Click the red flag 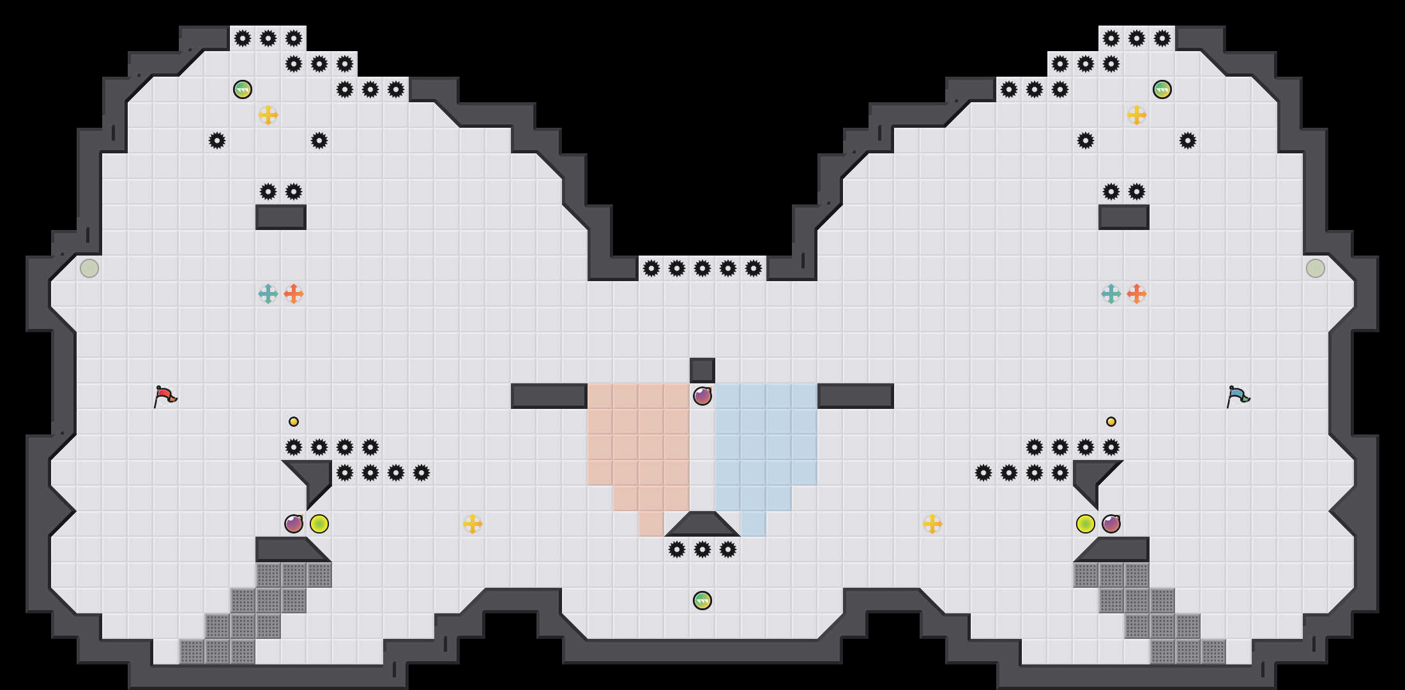pos(164,396)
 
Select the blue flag pos(1237,396)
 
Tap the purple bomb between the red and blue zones pos(702,396)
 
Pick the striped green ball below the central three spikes pos(702,601)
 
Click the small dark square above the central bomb pos(702,371)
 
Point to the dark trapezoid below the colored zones pos(702,525)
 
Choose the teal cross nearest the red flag pos(268,294)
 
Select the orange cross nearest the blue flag pos(1137,294)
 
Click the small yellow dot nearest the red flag pos(294,422)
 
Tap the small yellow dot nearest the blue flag pos(1111,422)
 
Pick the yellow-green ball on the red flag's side pos(319,524)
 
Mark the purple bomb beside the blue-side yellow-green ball pos(1111,524)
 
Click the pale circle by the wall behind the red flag pos(89,268)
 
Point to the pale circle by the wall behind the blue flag pos(1316,268)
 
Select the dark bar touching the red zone pos(549,396)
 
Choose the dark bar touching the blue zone pos(856,396)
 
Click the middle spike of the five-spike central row pos(702,268)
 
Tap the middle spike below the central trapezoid pos(702,549)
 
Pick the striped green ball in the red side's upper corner pos(243,89)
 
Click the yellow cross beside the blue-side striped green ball pos(1137,115)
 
